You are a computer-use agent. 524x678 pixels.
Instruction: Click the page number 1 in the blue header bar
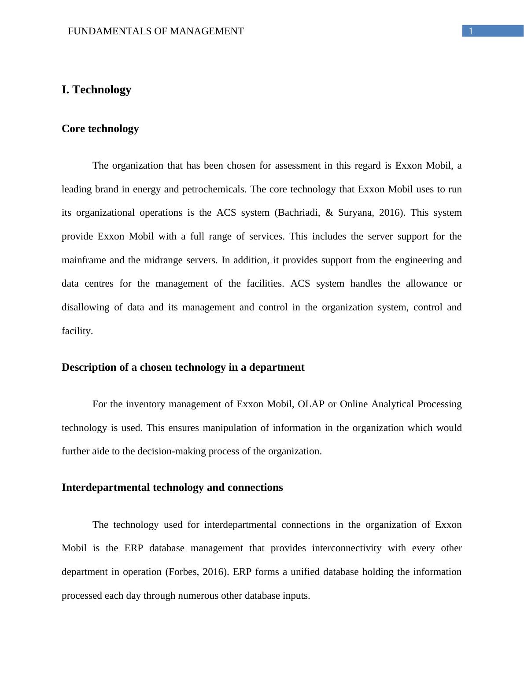471,31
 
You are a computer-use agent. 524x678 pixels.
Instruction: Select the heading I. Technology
96,90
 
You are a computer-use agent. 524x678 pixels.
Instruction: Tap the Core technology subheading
100,129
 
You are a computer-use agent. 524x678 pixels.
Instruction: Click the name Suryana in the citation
356,213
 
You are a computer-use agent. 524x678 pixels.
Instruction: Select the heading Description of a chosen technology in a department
183,367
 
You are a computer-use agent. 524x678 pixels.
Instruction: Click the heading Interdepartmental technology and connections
172,487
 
